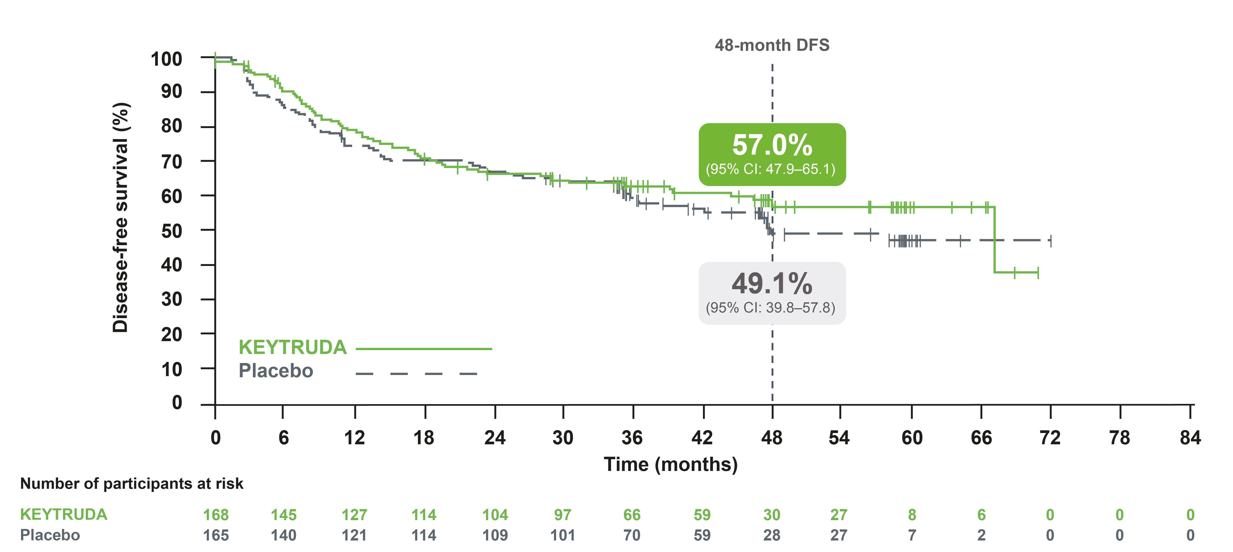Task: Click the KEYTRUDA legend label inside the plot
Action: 293,348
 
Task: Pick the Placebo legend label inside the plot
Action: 276,371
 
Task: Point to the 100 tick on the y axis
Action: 167,59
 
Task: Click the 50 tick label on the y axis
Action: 171,231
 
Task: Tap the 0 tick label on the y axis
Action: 177,403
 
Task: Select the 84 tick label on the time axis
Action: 1190,438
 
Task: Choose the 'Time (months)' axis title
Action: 671,464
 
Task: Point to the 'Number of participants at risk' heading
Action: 132,484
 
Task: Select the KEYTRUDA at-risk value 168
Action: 216,515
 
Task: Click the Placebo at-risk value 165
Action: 216,535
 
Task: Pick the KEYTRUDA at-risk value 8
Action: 912,515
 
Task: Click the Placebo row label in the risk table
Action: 50,535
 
